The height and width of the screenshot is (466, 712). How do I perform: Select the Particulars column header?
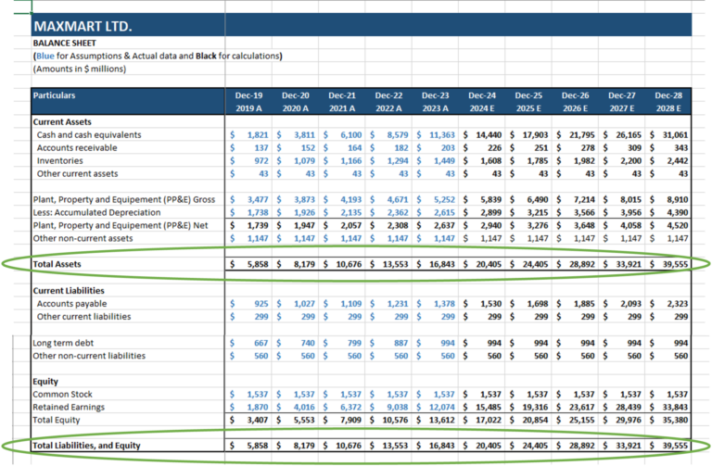pyautogui.click(x=54, y=95)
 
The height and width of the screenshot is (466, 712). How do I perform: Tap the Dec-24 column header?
pyautogui.click(x=482, y=95)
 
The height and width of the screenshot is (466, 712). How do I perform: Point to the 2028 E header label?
pyautogui.click(x=668, y=108)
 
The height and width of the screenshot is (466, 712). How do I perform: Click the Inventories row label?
pyautogui.click(x=62, y=161)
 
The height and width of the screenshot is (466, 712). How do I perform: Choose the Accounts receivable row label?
pyautogui.click(x=78, y=148)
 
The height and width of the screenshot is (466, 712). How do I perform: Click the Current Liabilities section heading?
pyautogui.click(x=69, y=291)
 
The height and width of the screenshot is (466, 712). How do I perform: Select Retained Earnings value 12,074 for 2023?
pyautogui.click(x=439, y=407)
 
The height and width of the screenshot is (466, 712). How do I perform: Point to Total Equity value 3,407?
pyautogui.click(x=258, y=420)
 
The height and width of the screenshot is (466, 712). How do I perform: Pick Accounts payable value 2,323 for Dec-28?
pyautogui.click(x=676, y=304)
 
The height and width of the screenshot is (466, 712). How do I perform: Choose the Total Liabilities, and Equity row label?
pyautogui.click(x=87, y=446)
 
